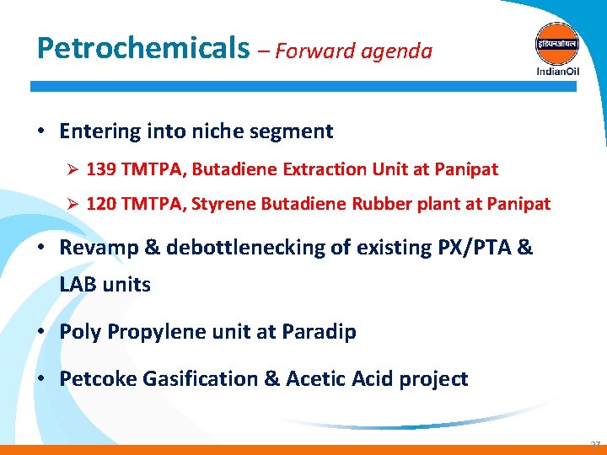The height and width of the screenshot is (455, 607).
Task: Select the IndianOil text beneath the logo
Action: [x=557, y=71]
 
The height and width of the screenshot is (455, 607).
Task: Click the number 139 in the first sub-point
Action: [x=100, y=169]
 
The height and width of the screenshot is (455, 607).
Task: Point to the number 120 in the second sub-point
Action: [x=100, y=204]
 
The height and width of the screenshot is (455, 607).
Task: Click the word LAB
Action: [x=78, y=285]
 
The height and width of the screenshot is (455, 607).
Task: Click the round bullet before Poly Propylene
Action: [x=41, y=332]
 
